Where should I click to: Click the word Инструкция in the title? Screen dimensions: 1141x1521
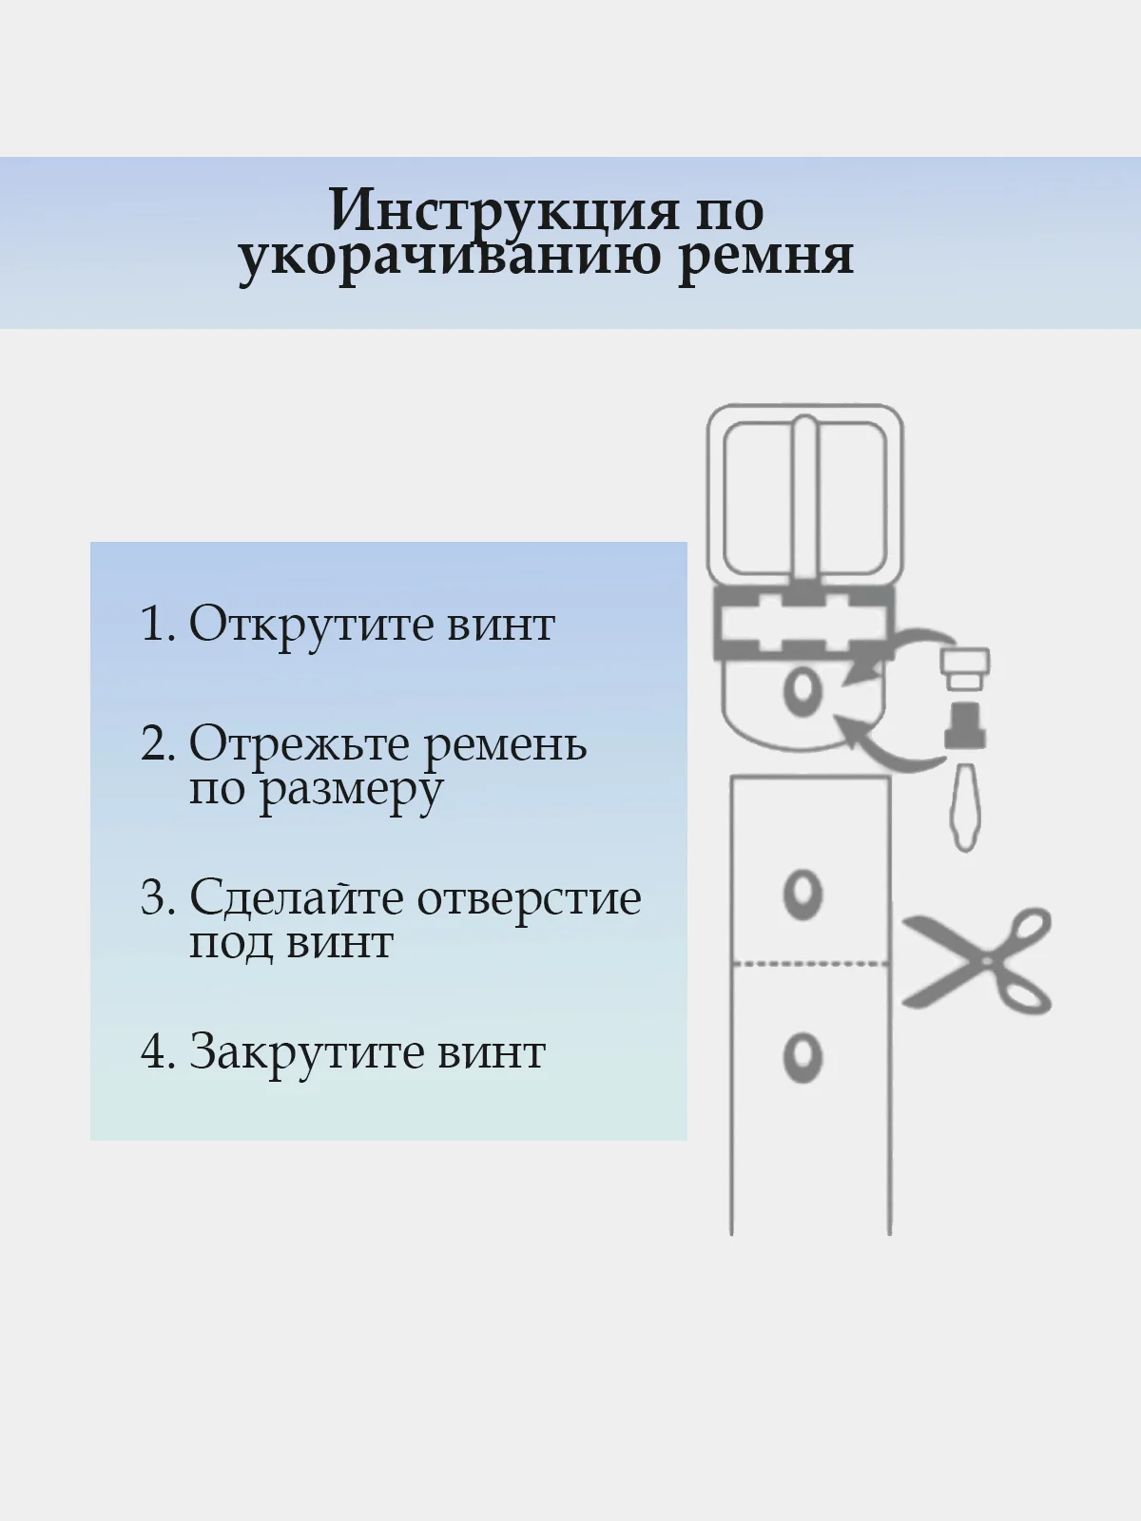pyautogui.click(x=503, y=210)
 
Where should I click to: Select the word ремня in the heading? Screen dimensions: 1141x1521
pyautogui.click(x=765, y=259)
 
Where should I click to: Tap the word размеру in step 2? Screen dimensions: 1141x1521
pyautogui.click(x=350, y=791)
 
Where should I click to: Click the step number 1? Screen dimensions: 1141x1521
pyautogui.click(x=157, y=624)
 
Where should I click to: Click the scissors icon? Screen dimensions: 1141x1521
pyautogui.click(x=977, y=960)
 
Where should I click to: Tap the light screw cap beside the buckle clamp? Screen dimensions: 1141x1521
pyautogui.click(x=965, y=668)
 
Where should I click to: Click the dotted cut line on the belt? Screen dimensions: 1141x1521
pyautogui.click(x=810, y=964)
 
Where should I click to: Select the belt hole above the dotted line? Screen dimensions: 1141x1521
pyautogui.click(x=803, y=894)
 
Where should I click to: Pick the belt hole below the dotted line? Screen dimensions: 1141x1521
pyautogui.click(x=803, y=1057)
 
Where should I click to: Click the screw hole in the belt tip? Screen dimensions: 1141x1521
pyautogui.click(x=803, y=690)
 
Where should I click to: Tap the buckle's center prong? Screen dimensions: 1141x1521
pyautogui.click(x=804, y=499)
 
